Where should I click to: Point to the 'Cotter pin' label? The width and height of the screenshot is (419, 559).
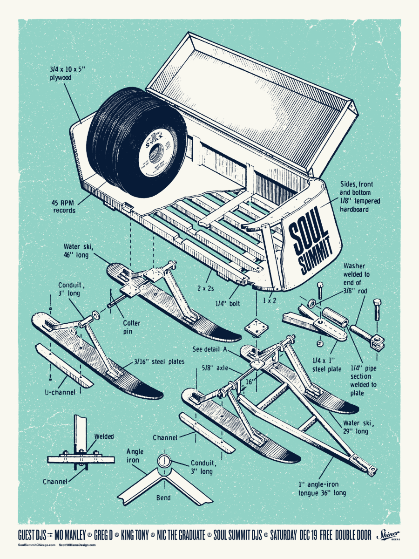coord(132,326)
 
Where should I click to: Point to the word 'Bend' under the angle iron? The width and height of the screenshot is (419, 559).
coord(163,498)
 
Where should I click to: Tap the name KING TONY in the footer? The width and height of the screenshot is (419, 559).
coord(135,535)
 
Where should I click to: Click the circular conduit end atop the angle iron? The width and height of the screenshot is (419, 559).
coord(164,461)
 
